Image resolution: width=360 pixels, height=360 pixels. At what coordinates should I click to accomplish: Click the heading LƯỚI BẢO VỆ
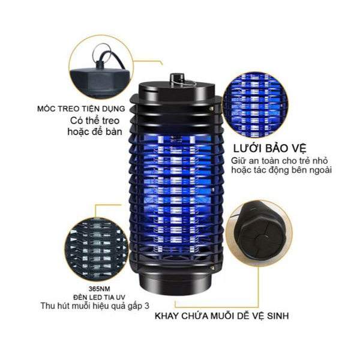[x=270, y=149]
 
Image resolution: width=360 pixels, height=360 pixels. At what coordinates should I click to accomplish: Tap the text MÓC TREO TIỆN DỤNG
[x=81, y=109]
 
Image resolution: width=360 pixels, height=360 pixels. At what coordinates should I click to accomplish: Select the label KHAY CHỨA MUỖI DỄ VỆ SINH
[x=222, y=316]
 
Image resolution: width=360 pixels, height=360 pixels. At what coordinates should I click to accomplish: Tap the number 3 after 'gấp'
[x=147, y=306]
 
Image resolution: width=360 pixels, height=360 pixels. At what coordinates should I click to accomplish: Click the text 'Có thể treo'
[x=95, y=121]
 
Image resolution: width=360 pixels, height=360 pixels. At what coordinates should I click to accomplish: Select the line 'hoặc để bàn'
[x=95, y=132]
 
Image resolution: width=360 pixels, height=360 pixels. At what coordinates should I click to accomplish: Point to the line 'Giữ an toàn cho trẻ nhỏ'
[x=279, y=160]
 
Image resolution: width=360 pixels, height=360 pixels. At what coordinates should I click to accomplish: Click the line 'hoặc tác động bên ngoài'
[x=281, y=170]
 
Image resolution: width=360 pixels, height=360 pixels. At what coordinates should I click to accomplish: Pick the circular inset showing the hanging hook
[x=101, y=67]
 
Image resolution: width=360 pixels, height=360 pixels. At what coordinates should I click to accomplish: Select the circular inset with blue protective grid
[x=256, y=106]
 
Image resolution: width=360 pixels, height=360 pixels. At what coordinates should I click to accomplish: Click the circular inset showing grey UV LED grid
[x=97, y=250]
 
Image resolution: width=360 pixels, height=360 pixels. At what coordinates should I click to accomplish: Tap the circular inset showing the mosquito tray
[x=259, y=234]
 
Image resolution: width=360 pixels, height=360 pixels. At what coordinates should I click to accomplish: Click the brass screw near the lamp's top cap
[x=211, y=107]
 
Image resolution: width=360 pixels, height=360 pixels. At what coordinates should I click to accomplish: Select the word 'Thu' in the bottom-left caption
[x=47, y=306]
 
